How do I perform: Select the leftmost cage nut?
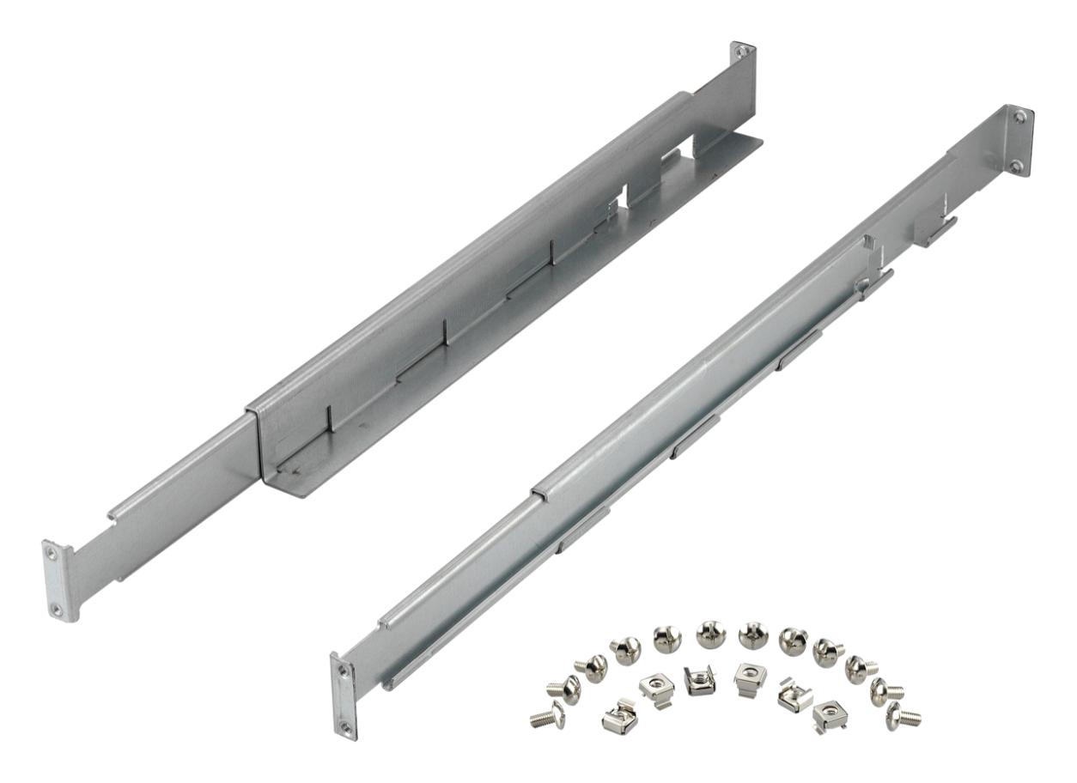tap(619, 717)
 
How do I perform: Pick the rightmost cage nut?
tap(829, 713)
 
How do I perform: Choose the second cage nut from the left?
tap(657, 688)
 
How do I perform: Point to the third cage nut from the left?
tap(700, 680)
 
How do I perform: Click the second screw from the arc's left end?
tap(563, 688)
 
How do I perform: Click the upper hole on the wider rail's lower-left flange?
tap(52, 554)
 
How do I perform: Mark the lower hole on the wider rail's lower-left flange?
tap(57, 609)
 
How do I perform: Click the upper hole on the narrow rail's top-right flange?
tap(1019, 117)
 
